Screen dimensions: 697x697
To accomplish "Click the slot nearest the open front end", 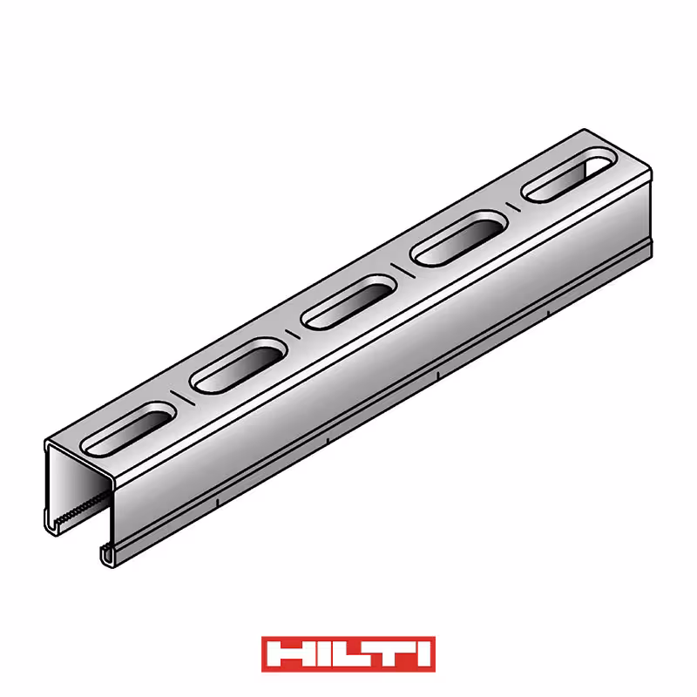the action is coord(129,429).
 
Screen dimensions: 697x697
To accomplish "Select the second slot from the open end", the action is coord(239,365).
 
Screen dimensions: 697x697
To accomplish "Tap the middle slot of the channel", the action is coord(348,301).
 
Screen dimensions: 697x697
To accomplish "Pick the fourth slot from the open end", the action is coord(459,239).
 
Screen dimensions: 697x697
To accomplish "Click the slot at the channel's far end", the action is coord(570,176).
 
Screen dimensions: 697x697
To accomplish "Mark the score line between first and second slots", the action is coord(184,397).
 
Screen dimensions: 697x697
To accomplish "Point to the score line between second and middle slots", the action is coord(294,334).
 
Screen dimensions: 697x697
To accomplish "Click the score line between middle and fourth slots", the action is coord(403,271).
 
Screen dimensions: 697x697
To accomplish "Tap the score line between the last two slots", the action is coord(514,206).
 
